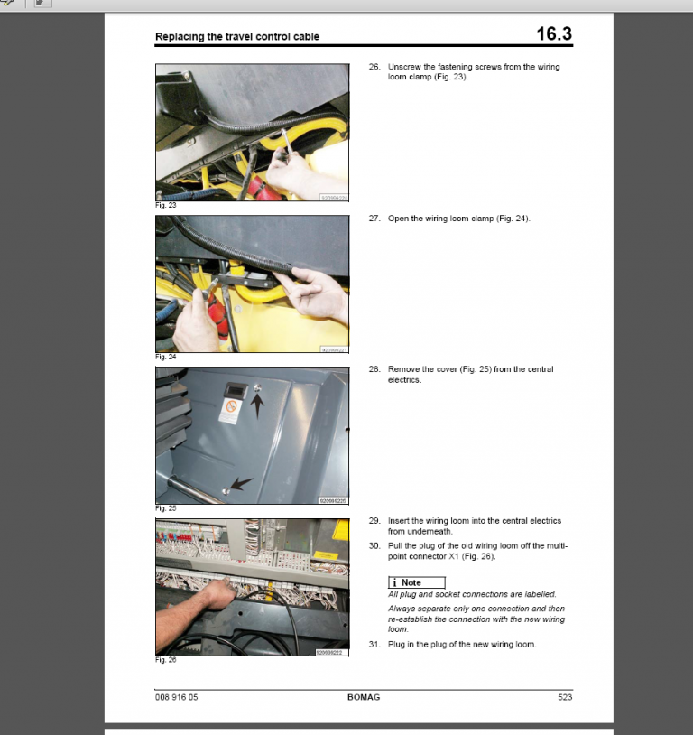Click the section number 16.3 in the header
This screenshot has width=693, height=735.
coord(553,34)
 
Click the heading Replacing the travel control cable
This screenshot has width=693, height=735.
coord(237,37)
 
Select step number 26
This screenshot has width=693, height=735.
coord(374,67)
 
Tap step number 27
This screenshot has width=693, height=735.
coord(374,219)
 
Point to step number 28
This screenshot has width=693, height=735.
coord(374,369)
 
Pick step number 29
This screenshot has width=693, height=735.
coord(374,521)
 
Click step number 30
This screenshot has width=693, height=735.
coord(374,545)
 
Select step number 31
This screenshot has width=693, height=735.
coord(374,644)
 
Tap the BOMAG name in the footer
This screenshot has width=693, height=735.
coord(365,697)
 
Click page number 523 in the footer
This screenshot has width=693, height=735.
coord(564,697)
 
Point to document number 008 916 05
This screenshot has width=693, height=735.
coord(177,697)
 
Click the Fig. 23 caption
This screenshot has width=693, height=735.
coord(165,206)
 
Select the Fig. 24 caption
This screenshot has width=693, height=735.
coord(165,357)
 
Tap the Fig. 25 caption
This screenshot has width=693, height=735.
coord(165,508)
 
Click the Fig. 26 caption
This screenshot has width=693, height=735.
coord(165,660)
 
